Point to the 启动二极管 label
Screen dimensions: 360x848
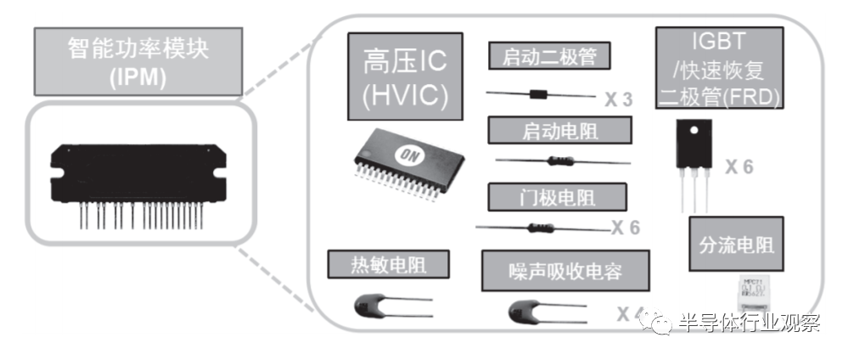pyautogui.click(x=549, y=57)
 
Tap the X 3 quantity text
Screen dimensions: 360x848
pyautogui.click(x=619, y=100)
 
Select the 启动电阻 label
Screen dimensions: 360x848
pyautogui.click(x=559, y=131)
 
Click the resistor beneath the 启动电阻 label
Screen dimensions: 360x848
pyautogui.click(x=562, y=160)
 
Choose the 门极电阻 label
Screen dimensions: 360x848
pyautogui.click(x=557, y=197)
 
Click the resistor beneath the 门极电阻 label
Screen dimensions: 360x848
pyautogui.click(x=541, y=227)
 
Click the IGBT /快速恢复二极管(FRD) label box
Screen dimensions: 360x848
pyautogui.click(x=718, y=67)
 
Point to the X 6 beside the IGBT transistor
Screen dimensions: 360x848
pyautogui.click(x=738, y=167)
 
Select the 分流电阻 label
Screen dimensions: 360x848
pyautogui.click(x=735, y=245)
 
